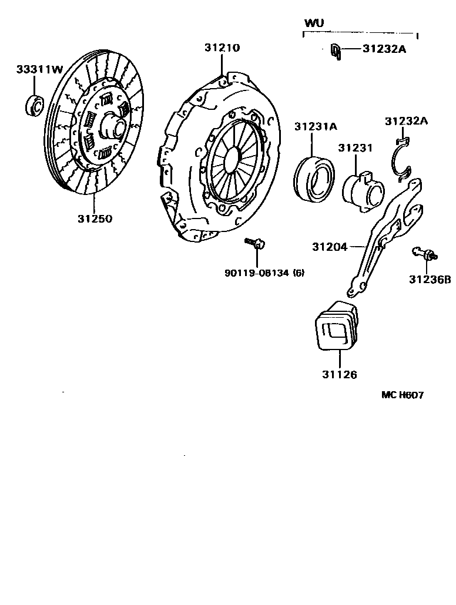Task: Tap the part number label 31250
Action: (94, 219)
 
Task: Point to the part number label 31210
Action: (222, 48)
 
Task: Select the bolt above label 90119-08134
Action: (256, 243)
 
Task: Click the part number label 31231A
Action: (316, 126)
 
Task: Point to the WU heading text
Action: (314, 23)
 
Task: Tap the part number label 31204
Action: (330, 247)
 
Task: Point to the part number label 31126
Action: (338, 374)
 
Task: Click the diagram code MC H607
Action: (403, 395)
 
